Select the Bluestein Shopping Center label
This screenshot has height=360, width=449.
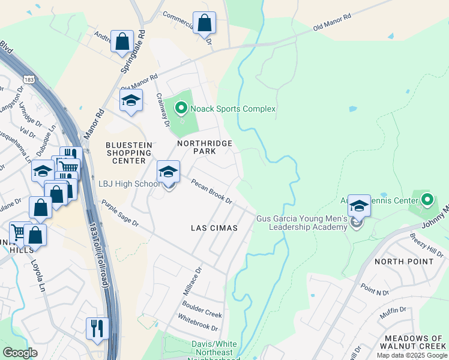(x=125, y=153)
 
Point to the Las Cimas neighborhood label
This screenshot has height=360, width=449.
(x=214, y=228)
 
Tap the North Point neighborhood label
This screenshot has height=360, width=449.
(x=403, y=262)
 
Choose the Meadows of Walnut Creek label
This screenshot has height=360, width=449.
(x=414, y=343)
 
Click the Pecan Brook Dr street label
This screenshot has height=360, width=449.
(x=211, y=191)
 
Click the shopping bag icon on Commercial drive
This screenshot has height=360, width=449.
(x=204, y=23)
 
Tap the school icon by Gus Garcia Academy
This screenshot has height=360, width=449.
(x=358, y=205)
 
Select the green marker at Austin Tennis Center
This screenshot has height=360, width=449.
(x=427, y=199)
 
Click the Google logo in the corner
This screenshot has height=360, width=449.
(x=20, y=353)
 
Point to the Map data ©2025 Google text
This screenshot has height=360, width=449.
(x=411, y=355)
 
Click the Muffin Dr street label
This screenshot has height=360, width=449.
(x=393, y=313)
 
